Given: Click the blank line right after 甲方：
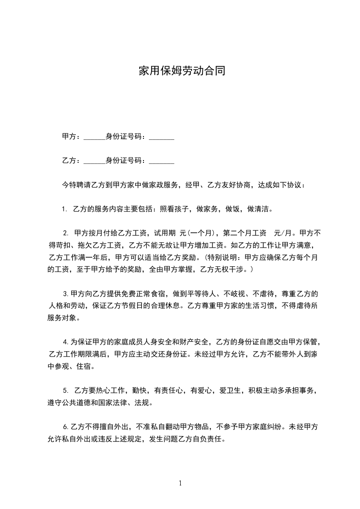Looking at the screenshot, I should pyautogui.click(x=94, y=137).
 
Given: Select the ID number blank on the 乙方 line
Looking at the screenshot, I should pyautogui.click(x=162, y=161).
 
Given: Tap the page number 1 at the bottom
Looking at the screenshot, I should pyautogui.click(x=180, y=483).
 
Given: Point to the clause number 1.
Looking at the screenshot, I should pyautogui.click(x=64, y=210).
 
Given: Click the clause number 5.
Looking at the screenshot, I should pyautogui.click(x=65, y=390).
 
